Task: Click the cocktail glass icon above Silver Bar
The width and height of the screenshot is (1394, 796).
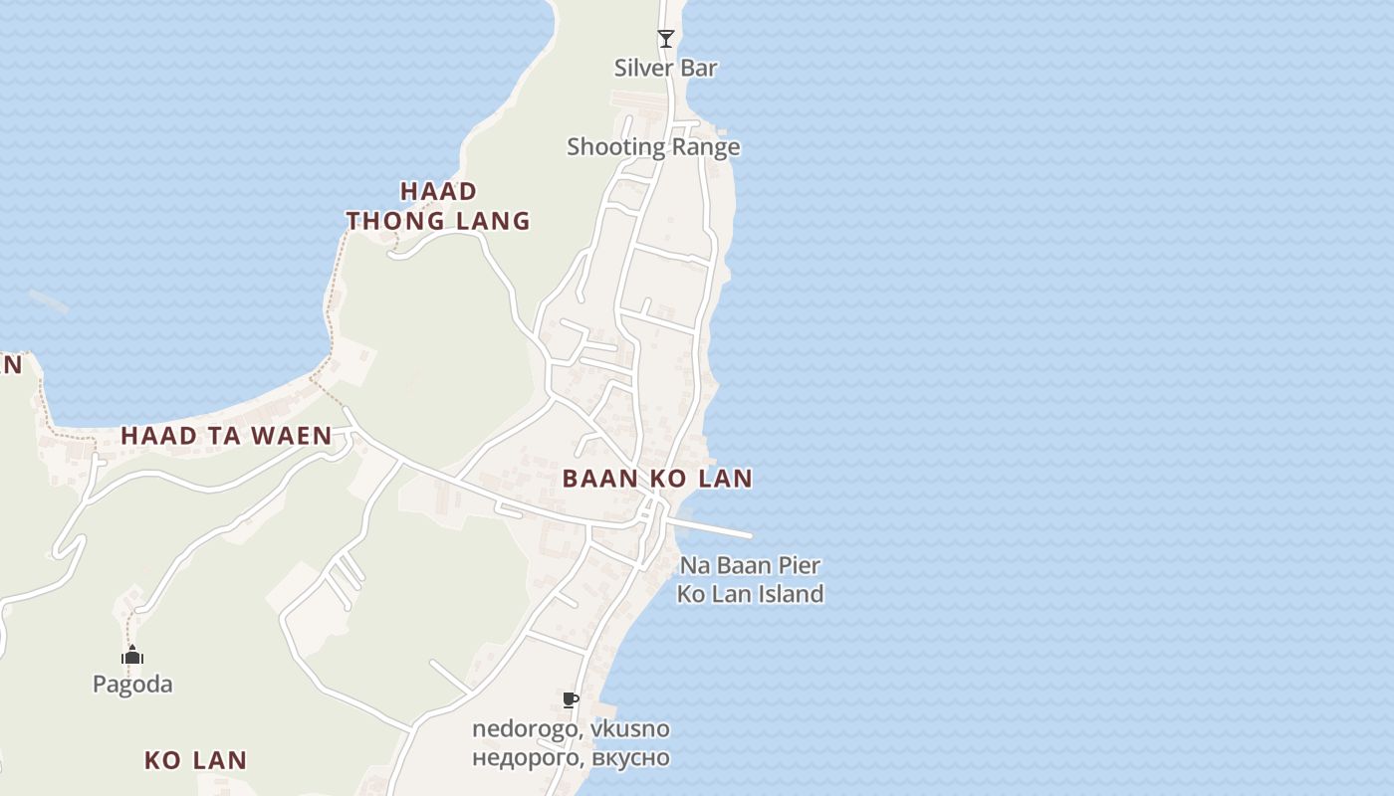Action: [x=666, y=39]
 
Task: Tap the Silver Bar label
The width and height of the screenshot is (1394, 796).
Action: [x=666, y=68]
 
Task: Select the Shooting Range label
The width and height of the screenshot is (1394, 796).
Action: [x=653, y=147]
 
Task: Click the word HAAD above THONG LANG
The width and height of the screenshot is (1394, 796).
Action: [x=439, y=191]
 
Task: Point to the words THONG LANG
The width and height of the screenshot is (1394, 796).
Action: [x=438, y=221]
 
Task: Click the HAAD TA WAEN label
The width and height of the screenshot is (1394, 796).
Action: [x=226, y=436]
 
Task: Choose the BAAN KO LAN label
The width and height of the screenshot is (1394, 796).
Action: [x=657, y=479]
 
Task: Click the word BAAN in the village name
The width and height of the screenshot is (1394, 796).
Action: [x=599, y=479]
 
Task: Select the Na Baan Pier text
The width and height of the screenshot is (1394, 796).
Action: [x=750, y=566]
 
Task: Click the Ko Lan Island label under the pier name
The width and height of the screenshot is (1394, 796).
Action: [x=750, y=594]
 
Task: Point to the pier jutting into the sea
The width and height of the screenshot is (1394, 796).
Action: [x=712, y=528]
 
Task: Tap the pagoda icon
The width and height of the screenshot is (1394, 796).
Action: [x=132, y=655]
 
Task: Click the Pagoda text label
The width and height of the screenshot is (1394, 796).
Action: [x=132, y=684]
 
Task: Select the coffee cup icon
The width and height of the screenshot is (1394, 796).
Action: [x=571, y=700]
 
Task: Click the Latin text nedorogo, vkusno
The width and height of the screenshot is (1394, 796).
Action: [x=571, y=728]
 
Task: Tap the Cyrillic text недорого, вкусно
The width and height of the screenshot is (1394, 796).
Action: [x=571, y=757]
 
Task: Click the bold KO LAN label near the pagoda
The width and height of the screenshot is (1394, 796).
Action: [x=195, y=761]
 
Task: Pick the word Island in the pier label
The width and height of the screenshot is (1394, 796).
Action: [x=787, y=594]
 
